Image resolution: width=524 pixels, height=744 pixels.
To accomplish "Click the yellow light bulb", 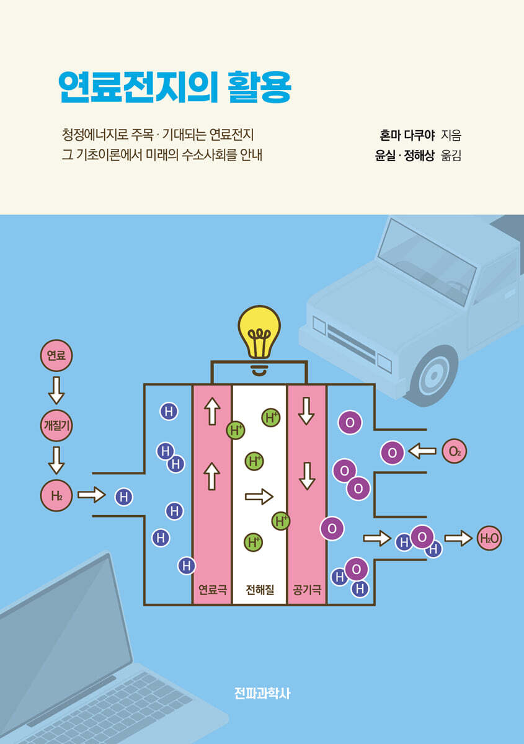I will click(259, 334).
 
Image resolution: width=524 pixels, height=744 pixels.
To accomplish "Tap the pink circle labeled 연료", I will click(56, 355).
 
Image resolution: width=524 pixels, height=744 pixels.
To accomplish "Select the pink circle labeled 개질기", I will click(56, 425).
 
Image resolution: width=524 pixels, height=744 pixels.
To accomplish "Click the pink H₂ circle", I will click(56, 495).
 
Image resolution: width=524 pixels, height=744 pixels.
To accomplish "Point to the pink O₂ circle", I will click(455, 451).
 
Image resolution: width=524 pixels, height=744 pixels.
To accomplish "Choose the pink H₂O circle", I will click(489, 539).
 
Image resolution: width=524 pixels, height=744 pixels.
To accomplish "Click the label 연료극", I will click(212, 590).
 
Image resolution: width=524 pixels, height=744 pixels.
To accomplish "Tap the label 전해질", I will click(260, 590).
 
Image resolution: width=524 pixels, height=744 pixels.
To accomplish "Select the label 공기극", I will click(307, 590).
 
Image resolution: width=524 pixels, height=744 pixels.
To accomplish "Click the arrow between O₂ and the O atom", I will click(422, 451).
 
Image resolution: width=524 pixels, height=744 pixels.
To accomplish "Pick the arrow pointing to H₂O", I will click(458, 538).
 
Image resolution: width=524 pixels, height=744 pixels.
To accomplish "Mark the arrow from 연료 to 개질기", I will click(56, 391).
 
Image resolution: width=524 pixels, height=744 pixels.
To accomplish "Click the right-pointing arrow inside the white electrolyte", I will click(259, 496).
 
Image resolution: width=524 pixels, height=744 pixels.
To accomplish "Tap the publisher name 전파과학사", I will click(262, 693).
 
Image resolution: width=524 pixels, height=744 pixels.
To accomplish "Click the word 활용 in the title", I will click(259, 88).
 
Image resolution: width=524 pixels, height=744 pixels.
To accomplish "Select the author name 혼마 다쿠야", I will click(406, 134).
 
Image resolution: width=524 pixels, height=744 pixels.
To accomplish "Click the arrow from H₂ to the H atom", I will click(92, 495).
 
